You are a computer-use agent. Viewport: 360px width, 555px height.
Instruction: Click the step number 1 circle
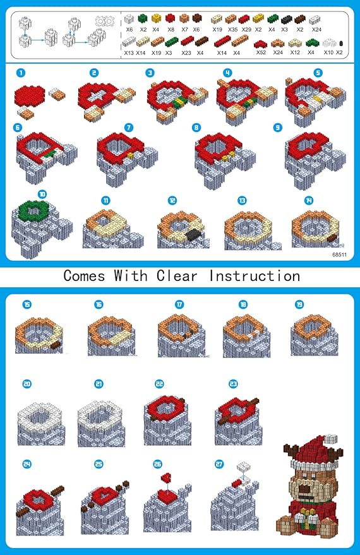pos(22,73)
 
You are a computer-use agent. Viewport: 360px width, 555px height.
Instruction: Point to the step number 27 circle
pos(219,463)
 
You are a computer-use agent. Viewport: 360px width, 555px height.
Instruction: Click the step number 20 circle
pos(26,384)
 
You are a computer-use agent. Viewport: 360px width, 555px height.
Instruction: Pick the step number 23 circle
pos(233,383)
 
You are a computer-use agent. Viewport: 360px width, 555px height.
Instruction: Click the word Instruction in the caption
pos(255,276)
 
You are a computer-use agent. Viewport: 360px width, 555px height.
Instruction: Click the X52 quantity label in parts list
pos(261,52)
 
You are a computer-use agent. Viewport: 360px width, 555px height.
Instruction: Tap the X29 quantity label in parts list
pos(246,30)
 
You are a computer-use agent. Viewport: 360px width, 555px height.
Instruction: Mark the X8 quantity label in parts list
pos(171,30)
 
